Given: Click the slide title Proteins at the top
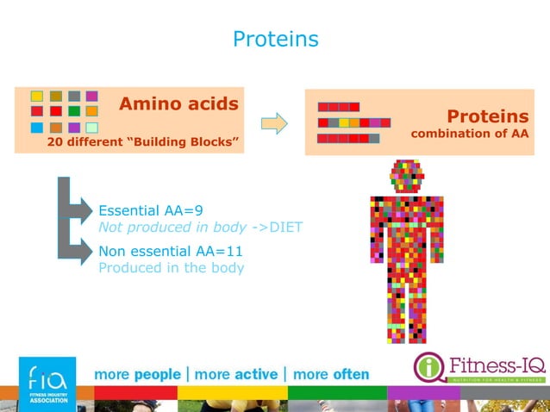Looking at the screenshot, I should pos(275,40).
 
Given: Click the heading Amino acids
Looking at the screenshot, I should pos(178,104).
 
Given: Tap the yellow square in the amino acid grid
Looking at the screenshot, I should pos(37,96).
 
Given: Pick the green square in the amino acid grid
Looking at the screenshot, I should pos(74,111).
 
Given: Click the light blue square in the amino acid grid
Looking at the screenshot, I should pos(37,128).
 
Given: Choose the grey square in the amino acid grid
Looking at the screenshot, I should pos(74,96).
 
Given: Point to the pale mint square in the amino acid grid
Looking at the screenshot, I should pos(92,128).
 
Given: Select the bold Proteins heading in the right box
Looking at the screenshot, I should pos(487,116).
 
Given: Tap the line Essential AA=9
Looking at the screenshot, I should pos(152,210).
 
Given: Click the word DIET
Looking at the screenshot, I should pos(286,228).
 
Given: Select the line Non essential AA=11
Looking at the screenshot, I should pos(170,251).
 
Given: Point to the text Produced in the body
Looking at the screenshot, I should pos(172,267).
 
